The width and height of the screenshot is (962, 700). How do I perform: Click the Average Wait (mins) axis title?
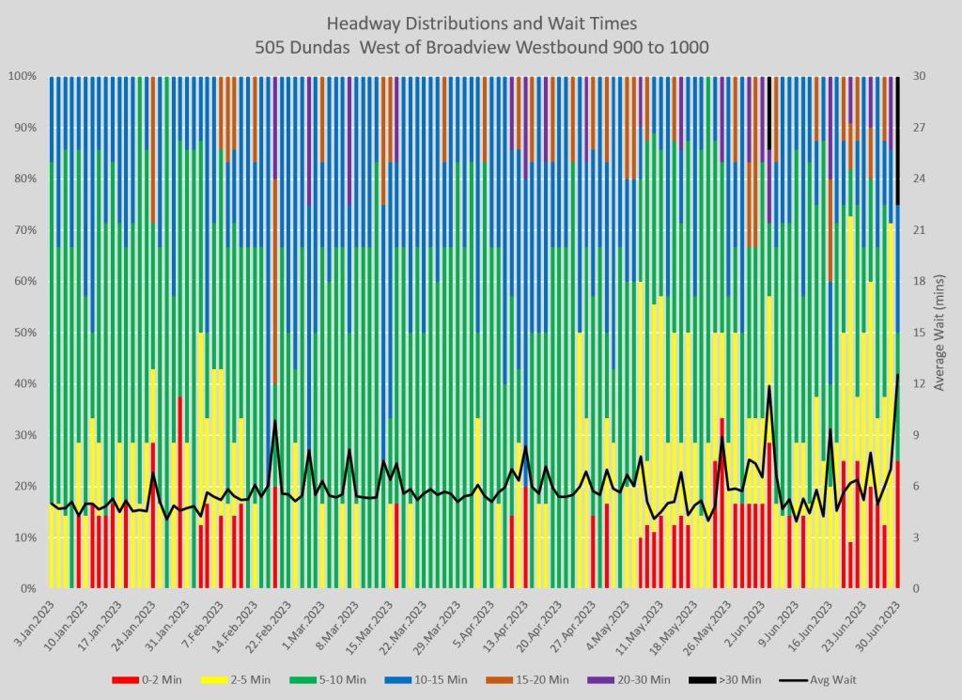[941, 333]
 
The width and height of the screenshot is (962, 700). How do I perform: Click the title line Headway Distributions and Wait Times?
[480, 22]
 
